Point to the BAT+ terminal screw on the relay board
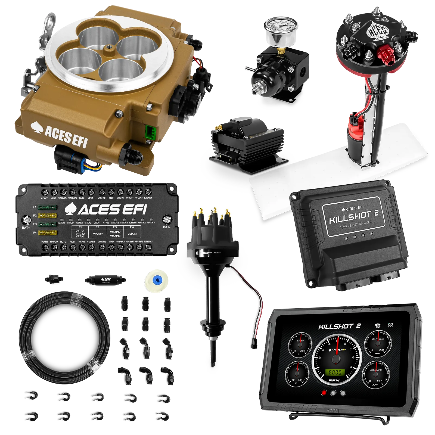point(26,220)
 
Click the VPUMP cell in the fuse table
point(98,234)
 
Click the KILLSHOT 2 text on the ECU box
point(353,216)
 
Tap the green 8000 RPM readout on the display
point(335,372)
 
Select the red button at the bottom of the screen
point(324,393)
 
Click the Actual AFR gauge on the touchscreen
point(376,374)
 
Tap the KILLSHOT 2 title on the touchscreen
point(339,326)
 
